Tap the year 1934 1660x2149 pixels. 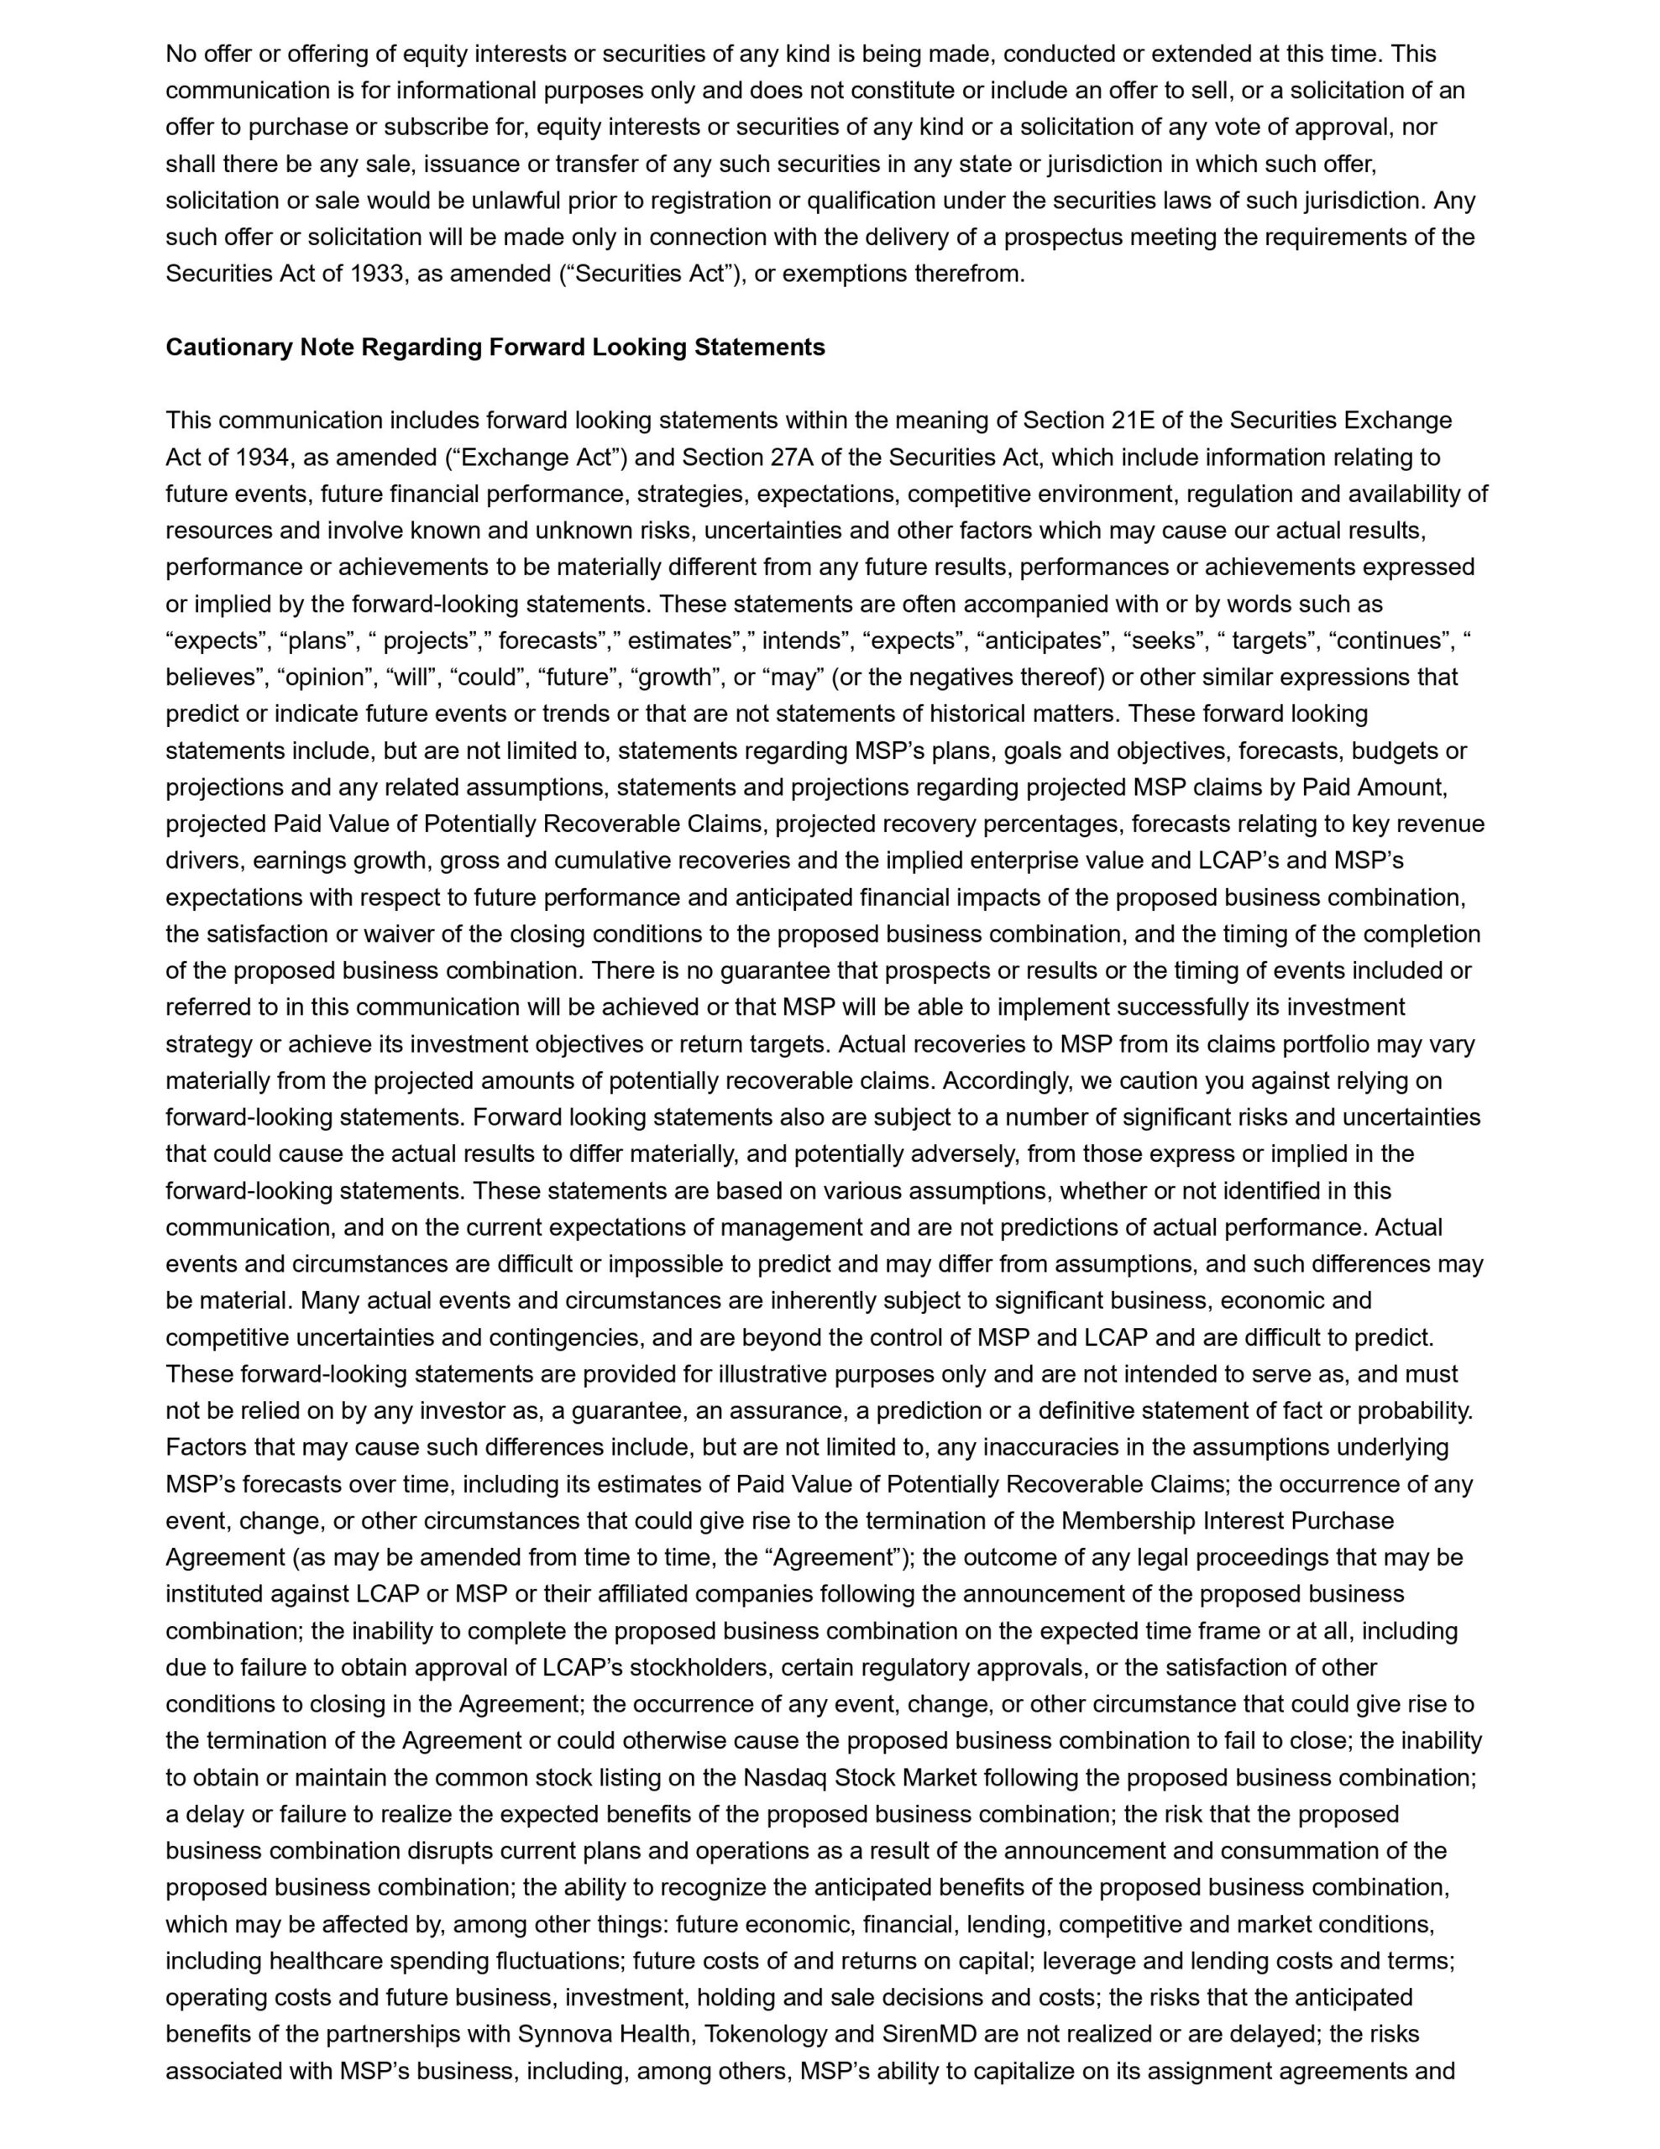click(263, 458)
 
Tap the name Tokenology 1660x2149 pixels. click(771, 2034)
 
